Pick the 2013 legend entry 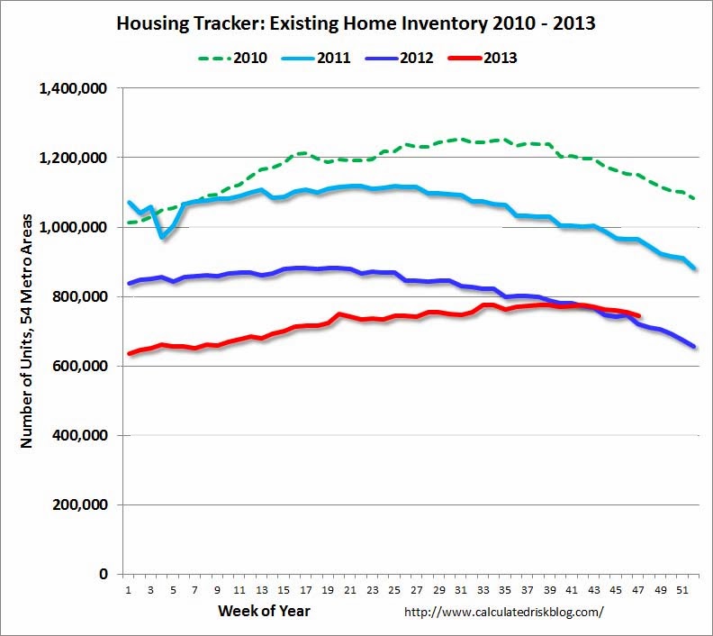500,58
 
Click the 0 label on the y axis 104,574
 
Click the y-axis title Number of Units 26,332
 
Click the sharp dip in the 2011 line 163,236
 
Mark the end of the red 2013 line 638,315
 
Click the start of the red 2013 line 130,353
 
